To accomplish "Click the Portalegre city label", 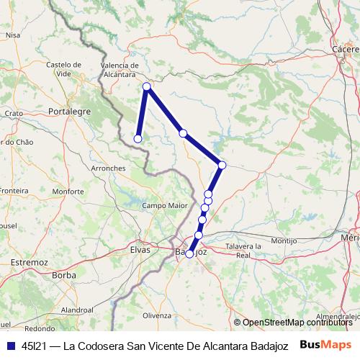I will pos(69,112).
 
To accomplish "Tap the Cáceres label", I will pos(346,49).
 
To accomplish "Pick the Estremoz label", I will pos(30,264).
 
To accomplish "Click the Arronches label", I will pos(109,168).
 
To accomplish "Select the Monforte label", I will pos(68,192).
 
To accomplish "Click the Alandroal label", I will pos(77,309).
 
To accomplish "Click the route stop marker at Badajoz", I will pos(190,253).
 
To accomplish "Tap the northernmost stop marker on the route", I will pos(147,87).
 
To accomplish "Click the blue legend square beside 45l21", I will pos(9,345).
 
